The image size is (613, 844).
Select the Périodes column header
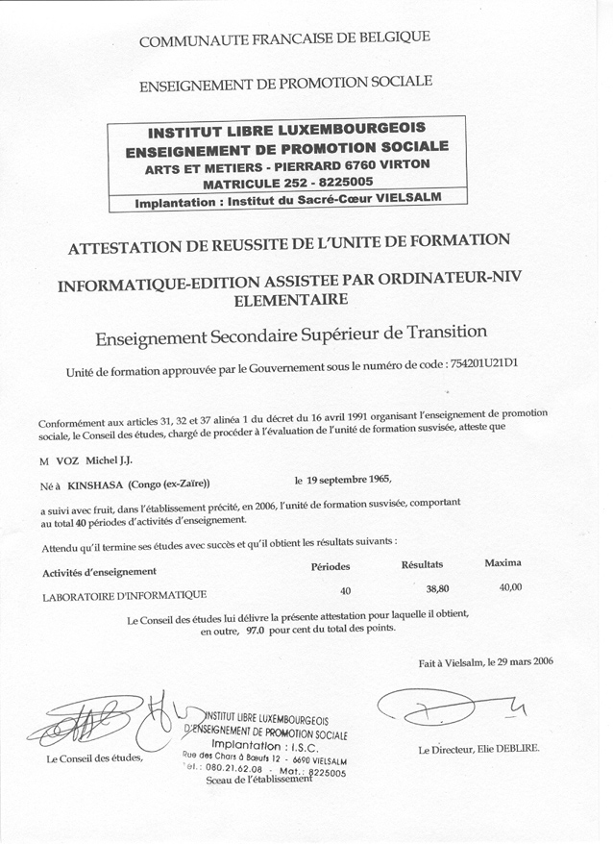(x=331, y=566)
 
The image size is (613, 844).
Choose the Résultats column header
(x=421, y=564)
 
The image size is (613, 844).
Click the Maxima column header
(x=503, y=561)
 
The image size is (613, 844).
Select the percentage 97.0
(x=254, y=631)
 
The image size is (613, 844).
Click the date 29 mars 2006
(x=519, y=661)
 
